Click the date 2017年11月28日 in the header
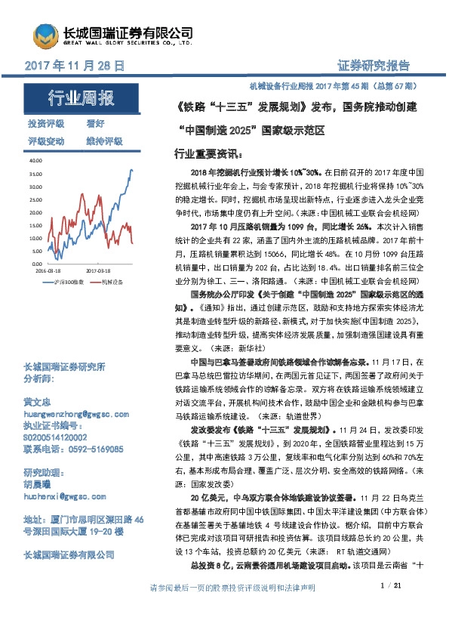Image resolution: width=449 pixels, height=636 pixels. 75,66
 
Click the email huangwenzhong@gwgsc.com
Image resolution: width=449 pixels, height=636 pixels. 72,414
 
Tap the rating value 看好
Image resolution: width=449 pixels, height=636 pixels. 95,122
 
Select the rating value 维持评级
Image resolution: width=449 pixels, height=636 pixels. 104,141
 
